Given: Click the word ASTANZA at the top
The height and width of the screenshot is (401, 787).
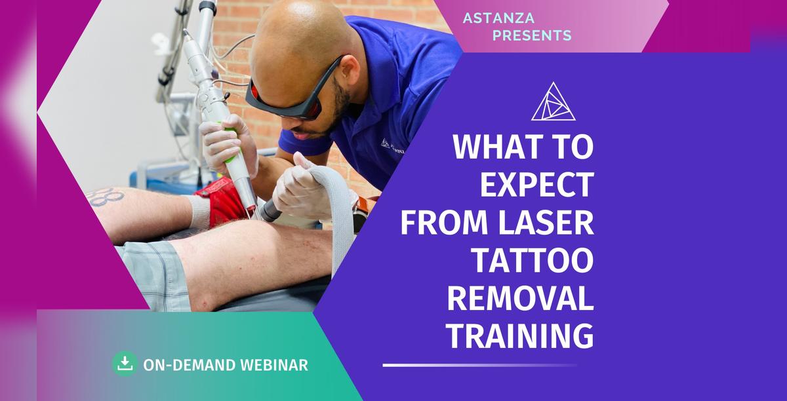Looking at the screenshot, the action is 498,18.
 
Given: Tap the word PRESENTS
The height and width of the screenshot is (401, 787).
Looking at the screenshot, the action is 532,35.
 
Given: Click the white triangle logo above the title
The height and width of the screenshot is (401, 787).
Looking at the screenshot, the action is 554,102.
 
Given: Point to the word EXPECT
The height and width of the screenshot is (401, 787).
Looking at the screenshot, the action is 537,184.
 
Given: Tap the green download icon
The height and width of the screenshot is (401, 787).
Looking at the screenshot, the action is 125,364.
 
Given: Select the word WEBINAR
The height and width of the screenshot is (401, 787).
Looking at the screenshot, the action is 274,365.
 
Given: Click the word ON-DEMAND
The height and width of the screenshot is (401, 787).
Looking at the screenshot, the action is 190,365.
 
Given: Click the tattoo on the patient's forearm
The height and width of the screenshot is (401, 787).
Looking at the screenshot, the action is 105,197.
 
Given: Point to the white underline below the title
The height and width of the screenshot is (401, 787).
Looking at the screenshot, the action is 479,365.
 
